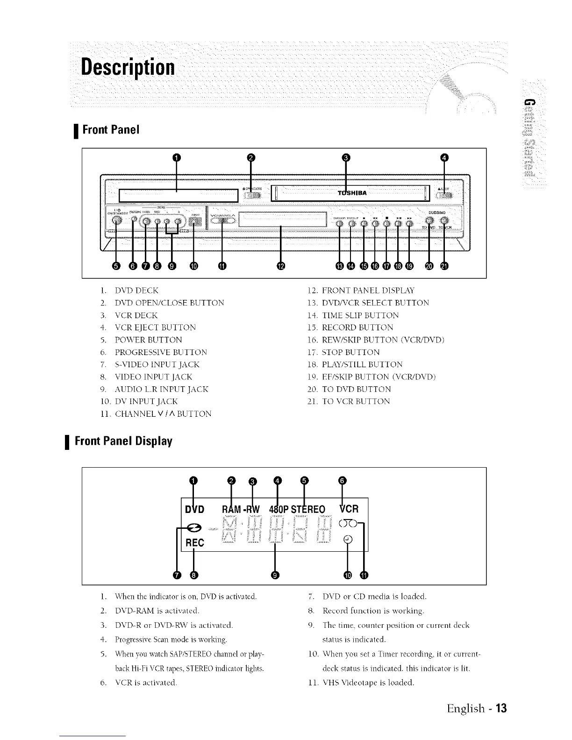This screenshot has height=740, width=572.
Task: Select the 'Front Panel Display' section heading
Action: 124,441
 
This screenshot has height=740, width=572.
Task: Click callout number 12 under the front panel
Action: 280,266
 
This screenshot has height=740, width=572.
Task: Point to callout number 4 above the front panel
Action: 444,157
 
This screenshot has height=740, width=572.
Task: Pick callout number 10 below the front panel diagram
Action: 193,266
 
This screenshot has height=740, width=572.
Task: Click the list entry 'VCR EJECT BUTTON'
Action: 155,327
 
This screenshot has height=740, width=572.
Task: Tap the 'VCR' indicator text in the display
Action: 348,508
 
